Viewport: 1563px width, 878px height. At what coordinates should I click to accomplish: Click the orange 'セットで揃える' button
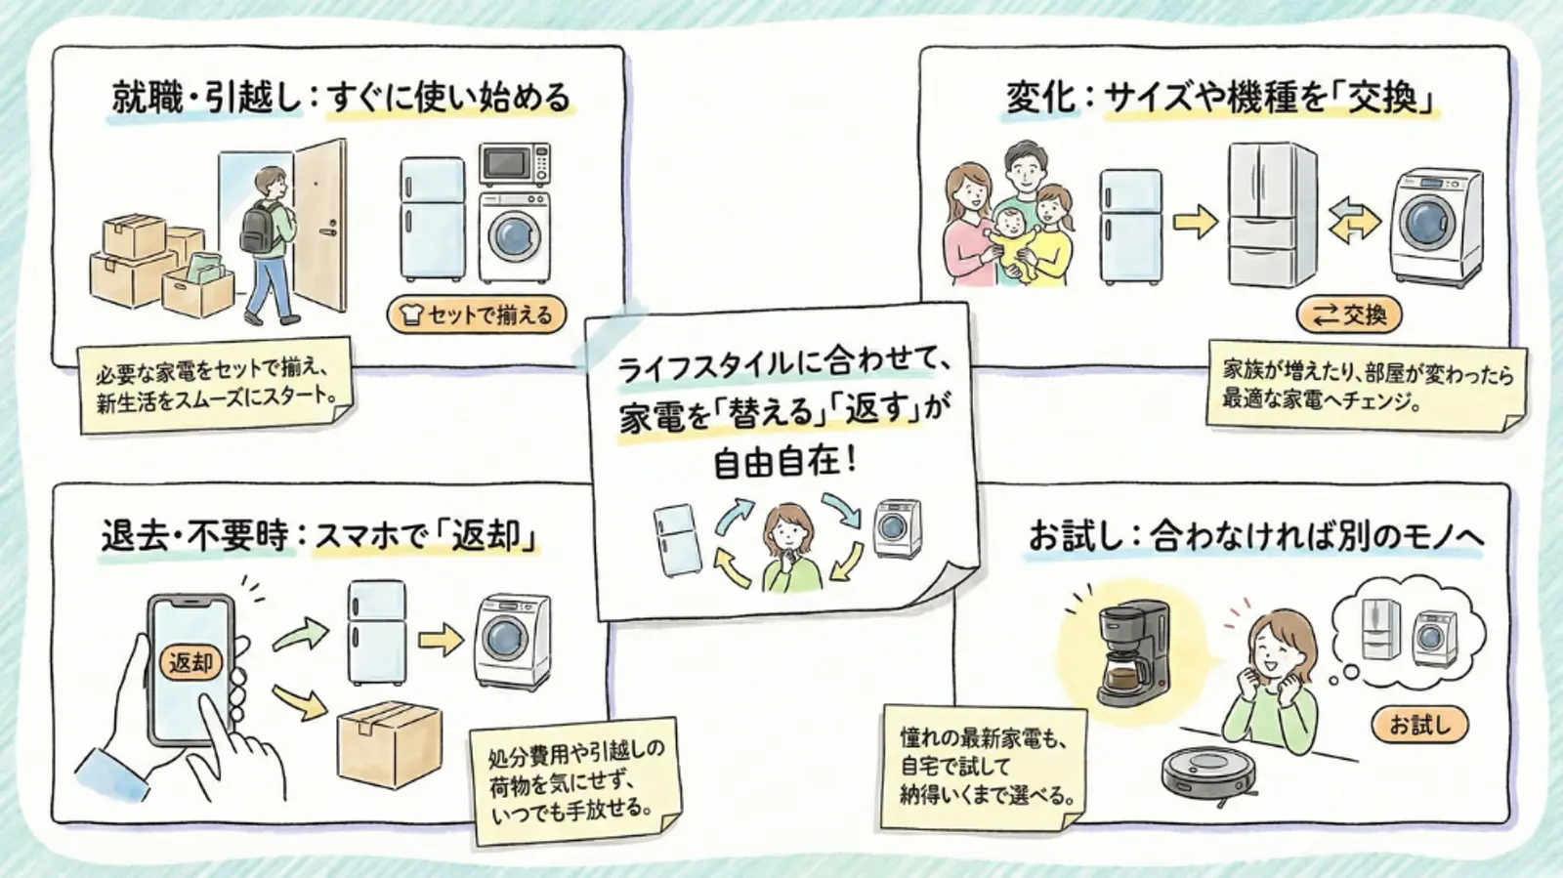coord(477,314)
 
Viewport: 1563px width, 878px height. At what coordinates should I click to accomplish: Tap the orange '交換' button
coord(1349,314)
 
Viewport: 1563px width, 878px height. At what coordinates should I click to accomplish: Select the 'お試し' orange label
coord(1419,724)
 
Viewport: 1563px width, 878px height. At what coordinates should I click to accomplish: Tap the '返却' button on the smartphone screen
coord(190,663)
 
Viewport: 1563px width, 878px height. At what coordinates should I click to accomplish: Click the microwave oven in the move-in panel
coord(514,164)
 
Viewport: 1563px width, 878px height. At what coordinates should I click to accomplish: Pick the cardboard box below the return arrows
coord(389,743)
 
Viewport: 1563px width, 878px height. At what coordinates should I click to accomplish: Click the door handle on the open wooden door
coord(330,230)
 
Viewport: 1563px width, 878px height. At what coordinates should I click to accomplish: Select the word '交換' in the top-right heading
coord(1381,98)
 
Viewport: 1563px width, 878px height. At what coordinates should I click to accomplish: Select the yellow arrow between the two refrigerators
coord(1194,222)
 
